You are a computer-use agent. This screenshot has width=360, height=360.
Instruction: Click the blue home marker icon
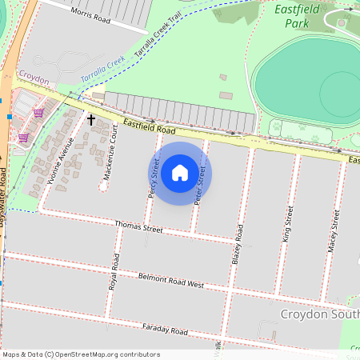180,172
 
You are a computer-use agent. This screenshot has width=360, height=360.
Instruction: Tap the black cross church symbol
91,120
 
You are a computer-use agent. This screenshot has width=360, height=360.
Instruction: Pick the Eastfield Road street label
149,126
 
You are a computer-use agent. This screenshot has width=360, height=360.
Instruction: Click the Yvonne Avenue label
61,161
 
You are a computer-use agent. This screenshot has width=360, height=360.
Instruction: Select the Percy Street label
153,178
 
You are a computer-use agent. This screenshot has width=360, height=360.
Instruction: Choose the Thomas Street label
138,228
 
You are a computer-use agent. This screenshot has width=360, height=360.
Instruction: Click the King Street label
287,225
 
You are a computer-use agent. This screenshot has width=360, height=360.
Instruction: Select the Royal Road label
114,272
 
